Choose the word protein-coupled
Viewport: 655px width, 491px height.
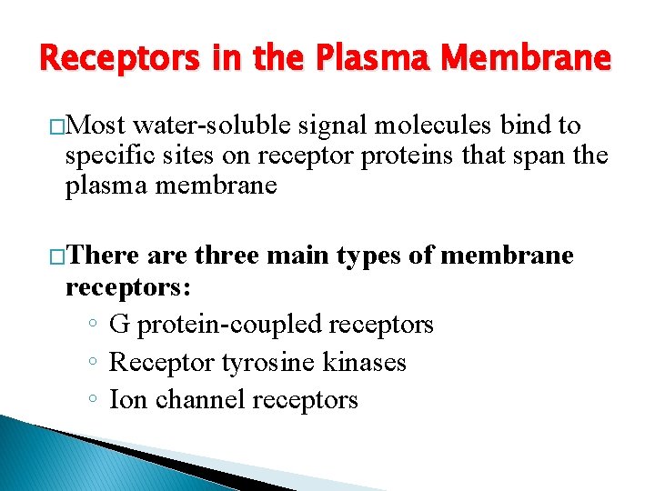coord(227,325)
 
